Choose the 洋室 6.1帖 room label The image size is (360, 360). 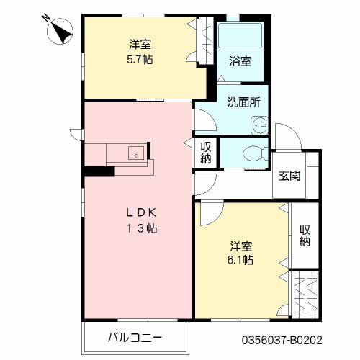click(x=241, y=251)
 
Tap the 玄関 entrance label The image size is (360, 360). click(x=290, y=176)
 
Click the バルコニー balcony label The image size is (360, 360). click(x=136, y=337)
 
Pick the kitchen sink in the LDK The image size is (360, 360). click(x=133, y=153)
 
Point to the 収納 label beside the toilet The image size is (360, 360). click(x=206, y=153)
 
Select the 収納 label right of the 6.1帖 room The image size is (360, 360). click(x=305, y=236)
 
